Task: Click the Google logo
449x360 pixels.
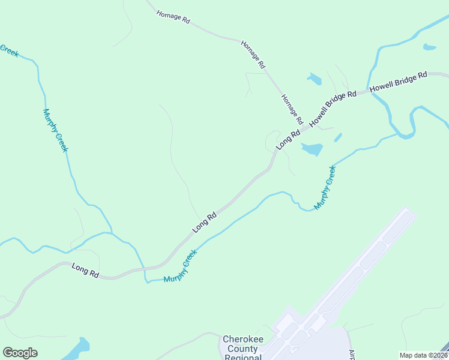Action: [20, 353]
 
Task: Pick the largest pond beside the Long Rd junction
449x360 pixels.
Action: [312, 149]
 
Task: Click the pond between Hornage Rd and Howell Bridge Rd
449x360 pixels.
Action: [314, 78]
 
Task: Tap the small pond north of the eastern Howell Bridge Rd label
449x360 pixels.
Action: [429, 47]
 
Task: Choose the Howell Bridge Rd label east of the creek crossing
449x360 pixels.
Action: [398, 82]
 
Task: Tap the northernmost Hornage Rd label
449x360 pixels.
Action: [173, 17]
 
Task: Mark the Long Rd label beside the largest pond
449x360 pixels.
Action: [288, 139]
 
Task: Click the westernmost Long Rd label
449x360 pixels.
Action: [85, 270]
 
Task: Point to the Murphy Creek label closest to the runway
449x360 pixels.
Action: [325, 187]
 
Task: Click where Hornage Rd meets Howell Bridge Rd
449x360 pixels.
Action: [305, 127]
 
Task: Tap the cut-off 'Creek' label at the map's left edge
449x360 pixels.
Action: [8, 50]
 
